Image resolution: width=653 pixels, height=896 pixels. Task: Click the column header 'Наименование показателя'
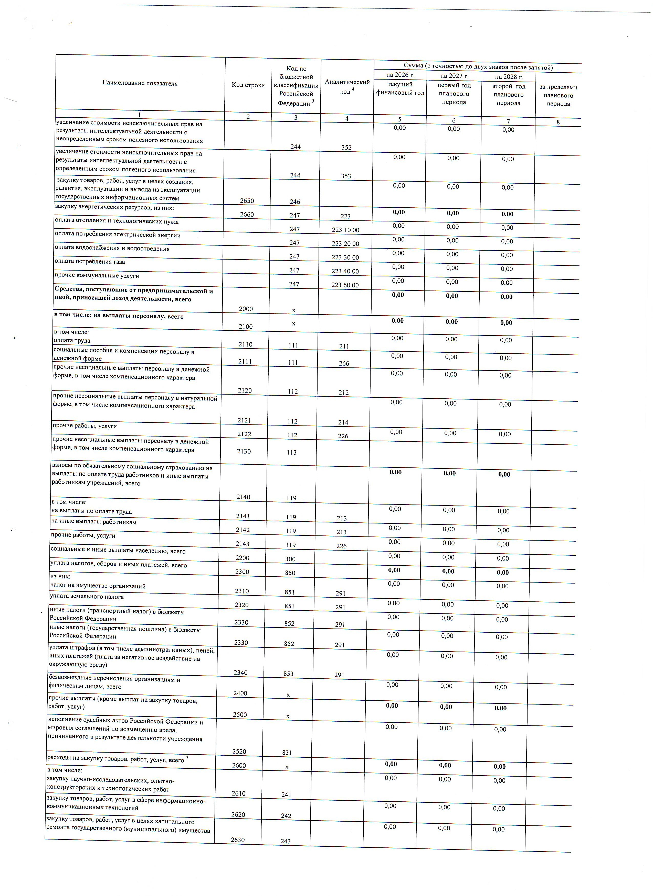[x=140, y=83]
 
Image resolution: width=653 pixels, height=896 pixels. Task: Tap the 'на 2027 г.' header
[x=454, y=76]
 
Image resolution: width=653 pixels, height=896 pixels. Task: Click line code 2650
[x=247, y=201]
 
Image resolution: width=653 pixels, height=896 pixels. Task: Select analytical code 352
[x=346, y=147]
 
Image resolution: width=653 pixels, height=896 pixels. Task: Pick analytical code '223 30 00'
[x=345, y=257]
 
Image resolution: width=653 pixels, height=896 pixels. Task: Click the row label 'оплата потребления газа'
[x=90, y=262]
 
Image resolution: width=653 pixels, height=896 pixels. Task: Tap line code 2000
[x=246, y=309]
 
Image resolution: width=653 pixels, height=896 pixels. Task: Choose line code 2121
[x=245, y=420]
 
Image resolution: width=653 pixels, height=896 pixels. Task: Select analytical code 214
[x=343, y=422]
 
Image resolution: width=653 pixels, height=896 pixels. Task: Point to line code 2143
[x=243, y=544]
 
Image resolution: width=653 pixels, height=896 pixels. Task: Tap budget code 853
[x=288, y=674]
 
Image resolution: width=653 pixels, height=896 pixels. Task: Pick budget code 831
[x=287, y=753]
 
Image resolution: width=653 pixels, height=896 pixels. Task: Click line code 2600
[x=239, y=765]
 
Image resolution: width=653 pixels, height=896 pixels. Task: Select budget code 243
[x=286, y=841]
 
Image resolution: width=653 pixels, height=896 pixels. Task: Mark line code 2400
[x=240, y=693]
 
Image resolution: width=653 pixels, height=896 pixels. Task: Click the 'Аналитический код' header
[x=347, y=86]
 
